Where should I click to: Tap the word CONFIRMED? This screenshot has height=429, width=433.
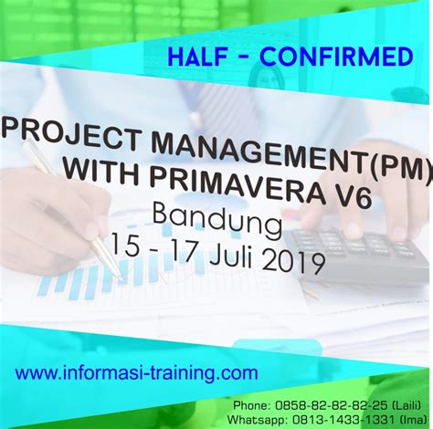coord(335,58)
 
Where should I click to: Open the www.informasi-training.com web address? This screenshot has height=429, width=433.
coord(137,372)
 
